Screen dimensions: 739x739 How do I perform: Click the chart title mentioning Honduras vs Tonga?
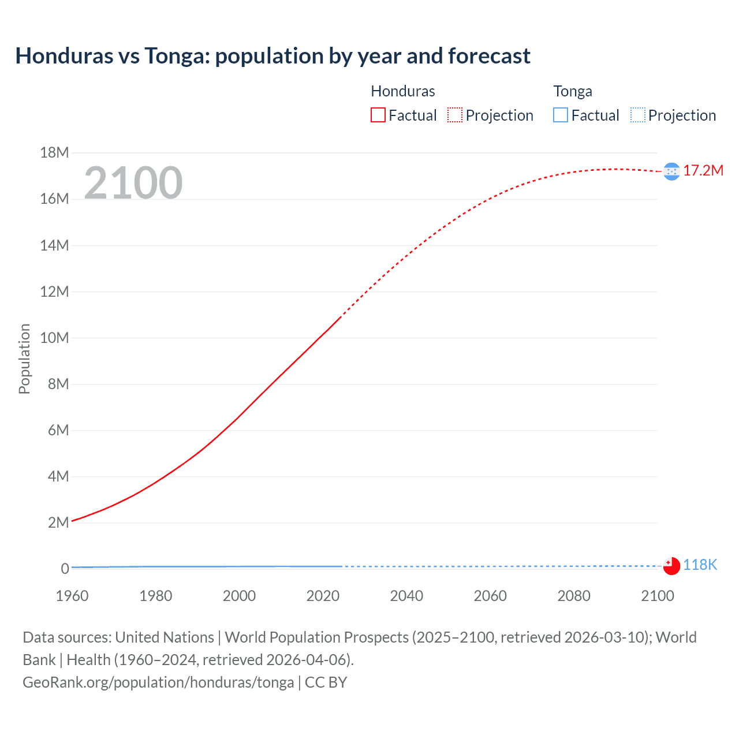pos(273,56)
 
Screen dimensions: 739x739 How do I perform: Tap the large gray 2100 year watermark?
pos(133,183)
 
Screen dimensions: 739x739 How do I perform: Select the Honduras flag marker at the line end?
pos(671,171)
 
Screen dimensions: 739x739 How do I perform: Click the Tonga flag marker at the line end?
pos(671,566)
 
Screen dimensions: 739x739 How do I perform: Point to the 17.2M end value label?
pos(703,171)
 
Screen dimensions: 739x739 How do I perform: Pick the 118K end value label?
pos(700,565)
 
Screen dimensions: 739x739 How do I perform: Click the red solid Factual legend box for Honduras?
pos(378,115)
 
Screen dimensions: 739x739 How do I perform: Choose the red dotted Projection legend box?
pos(455,115)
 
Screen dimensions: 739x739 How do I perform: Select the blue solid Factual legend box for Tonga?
pos(561,115)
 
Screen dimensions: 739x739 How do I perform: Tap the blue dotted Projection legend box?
pos(638,115)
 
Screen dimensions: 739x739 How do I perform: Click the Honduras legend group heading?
pos(402,91)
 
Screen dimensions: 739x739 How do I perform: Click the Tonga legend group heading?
pos(572,91)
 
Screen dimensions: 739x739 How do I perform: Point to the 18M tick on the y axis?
pos(54,153)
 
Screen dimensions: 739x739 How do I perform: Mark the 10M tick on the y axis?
pos(54,338)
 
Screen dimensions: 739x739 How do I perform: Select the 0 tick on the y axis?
pos(65,569)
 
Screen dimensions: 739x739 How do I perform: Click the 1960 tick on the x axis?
pos(72,596)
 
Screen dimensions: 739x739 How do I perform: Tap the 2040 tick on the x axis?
pos(406,596)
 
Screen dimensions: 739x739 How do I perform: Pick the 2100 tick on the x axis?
pos(657,596)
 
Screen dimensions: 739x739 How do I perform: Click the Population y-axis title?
pos(24,359)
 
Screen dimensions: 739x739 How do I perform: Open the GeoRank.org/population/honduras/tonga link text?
pos(158,682)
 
